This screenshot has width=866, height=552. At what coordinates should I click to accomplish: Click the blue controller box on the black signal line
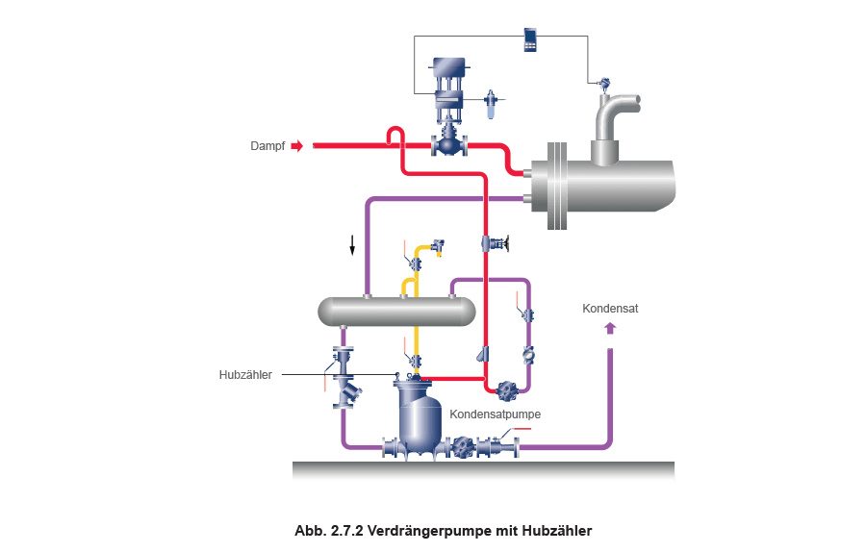click(529, 38)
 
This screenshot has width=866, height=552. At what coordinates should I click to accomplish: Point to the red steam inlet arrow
click(297, 146)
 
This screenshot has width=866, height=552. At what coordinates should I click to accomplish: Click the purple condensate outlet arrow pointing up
click(608, 329)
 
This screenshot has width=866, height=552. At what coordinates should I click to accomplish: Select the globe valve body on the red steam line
click(448, 145)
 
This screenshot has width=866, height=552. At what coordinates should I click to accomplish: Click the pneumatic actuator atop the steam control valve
click(448, 69)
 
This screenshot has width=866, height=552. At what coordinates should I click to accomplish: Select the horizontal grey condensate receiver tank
click(396, 310)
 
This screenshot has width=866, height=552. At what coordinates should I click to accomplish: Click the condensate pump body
click(420, 419)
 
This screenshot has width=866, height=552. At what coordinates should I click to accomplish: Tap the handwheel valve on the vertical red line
click(498, 242)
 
